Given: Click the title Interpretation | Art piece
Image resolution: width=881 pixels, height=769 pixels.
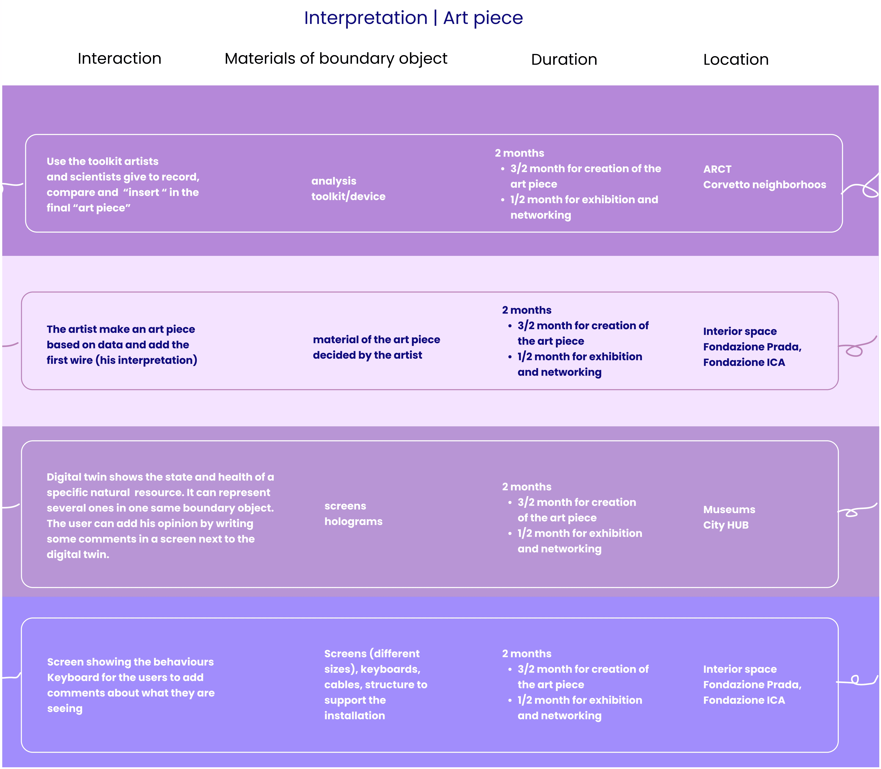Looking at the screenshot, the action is pos(413,18).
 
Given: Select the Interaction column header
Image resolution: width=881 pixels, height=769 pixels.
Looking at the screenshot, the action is pos(119,58).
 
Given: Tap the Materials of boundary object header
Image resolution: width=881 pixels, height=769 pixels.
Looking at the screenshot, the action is pos(336,58).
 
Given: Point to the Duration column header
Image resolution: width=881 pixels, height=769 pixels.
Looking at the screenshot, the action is pos(564,59).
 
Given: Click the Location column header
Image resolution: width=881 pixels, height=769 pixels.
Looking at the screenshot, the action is pos(736,59).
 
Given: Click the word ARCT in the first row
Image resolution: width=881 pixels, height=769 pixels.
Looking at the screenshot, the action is pos(717,169).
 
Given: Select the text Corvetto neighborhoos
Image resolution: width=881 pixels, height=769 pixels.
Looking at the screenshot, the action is pos(764,185).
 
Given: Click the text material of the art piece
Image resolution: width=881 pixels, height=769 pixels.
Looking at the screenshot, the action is pos(376,339).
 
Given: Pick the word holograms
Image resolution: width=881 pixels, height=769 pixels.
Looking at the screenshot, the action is pos(353,521).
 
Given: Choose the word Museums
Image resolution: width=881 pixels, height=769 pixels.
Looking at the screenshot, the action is pos(729,509).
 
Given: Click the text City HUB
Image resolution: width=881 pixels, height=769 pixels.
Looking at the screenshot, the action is pos(726,525).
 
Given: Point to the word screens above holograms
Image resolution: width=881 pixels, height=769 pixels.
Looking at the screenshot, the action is pos(345,506).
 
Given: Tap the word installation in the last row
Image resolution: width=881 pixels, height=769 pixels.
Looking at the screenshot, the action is pos(354,715).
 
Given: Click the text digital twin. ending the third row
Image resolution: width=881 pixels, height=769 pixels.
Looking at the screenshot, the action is pos(78,554).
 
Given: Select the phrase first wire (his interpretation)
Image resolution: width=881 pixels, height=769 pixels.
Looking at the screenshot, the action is pos(121,360).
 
